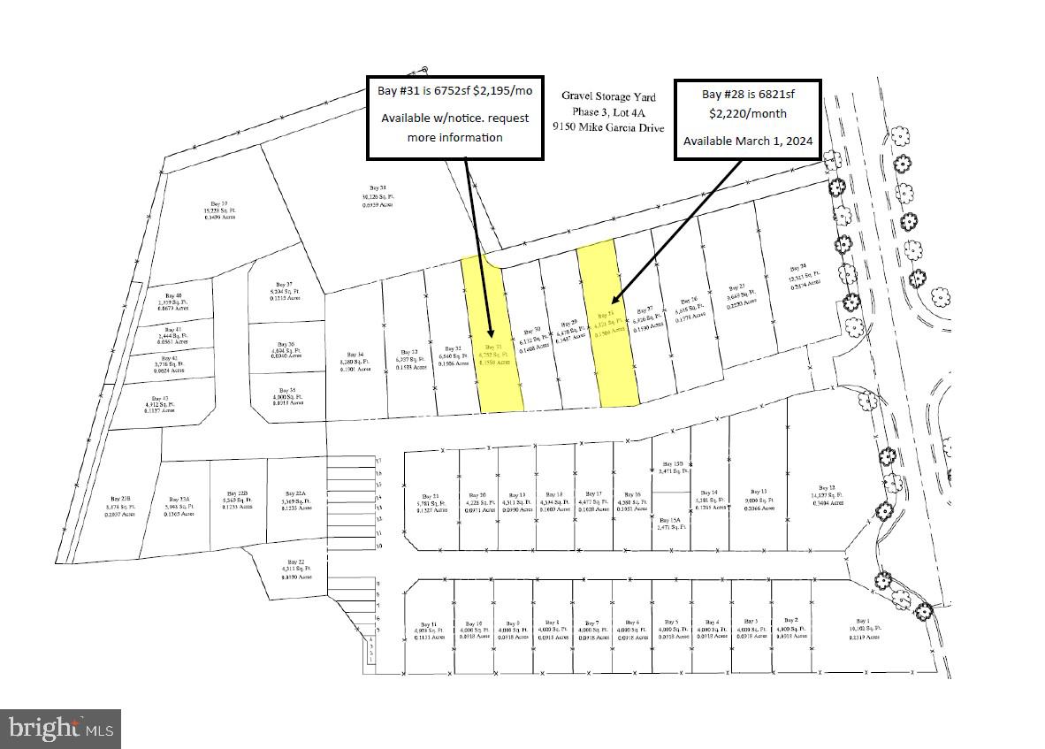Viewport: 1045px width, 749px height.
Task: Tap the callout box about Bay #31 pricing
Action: (x=454, y=118)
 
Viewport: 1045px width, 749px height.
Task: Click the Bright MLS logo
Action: (x=61, y=729)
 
